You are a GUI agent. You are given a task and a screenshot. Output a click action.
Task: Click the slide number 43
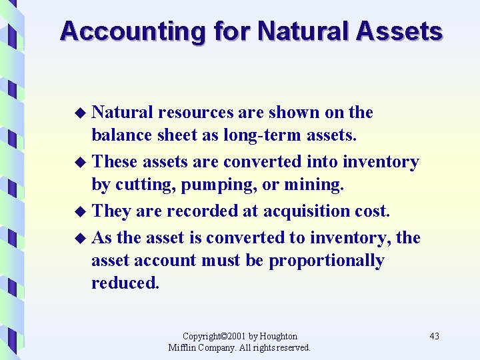434,336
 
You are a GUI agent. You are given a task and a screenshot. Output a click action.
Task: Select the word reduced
125,283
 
